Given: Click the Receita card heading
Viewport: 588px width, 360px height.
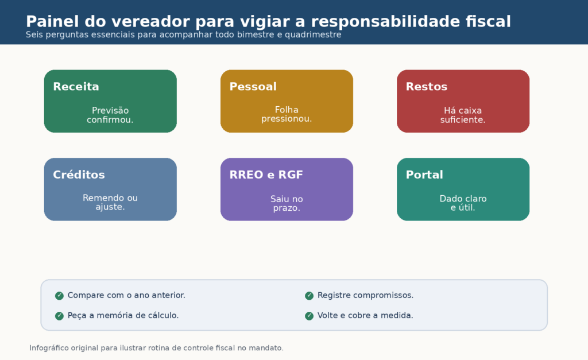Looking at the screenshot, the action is click(76, 87).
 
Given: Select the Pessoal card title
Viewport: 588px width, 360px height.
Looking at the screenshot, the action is click(253, 87).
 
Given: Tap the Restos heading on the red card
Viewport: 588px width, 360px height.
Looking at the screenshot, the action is click(427, 87).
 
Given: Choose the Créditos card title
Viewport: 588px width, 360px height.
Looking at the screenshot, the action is click(79, 175).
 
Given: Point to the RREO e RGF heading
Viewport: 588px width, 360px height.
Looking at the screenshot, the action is click(266, 175).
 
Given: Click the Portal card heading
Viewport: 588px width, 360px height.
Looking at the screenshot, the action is click(424, 175).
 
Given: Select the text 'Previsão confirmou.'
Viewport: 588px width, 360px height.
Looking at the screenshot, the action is click(110, 115).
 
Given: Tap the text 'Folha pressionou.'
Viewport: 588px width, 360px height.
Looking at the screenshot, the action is click(287, 114).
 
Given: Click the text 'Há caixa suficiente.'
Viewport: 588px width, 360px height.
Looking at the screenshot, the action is click(463, 115).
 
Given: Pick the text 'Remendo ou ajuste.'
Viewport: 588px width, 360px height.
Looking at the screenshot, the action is click(110, 202).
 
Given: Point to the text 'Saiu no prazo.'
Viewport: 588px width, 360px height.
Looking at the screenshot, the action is click(287, 203).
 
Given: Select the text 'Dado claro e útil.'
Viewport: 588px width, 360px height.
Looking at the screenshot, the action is click(463, 203).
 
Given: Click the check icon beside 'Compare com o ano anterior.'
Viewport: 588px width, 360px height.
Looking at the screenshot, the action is click(59, 296).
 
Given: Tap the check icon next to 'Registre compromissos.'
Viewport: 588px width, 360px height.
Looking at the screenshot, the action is click(309, 296).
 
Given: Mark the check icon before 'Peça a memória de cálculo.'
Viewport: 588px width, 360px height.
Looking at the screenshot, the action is click(59, 316).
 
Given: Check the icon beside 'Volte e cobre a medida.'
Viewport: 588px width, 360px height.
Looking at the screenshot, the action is click(309, 316).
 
